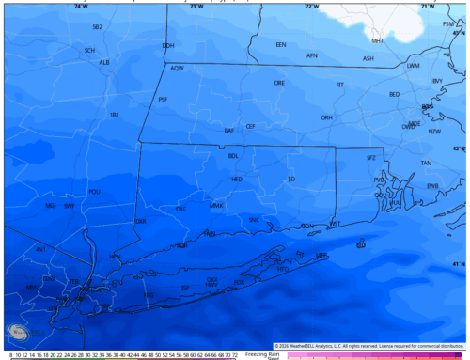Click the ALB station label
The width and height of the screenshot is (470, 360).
tap(104, 63)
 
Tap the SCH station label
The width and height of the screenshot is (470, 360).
tap(89, 50)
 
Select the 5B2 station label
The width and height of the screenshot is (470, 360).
tap(97, 27)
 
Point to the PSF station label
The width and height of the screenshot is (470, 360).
tap(163, 100)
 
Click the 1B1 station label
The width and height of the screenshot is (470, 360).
tap(115, 115)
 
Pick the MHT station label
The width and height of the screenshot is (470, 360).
tap(377, 41)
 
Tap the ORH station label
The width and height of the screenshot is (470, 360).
tap(326, 117)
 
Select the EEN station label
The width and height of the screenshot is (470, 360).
tap(280, 45)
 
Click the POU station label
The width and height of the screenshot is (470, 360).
tap(94, 192)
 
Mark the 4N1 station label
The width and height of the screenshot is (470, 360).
tap(40, 249)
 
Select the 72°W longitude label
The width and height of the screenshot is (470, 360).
tap(311, 6)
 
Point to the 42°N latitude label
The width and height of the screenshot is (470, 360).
tap(459, 149)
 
